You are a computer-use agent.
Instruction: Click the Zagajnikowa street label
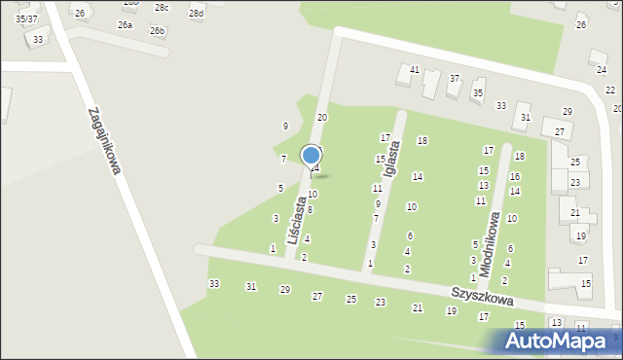(x=103, y=140)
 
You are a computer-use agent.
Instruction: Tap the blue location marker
(x=311, y=156)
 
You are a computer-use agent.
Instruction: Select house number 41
(x=415, y=70)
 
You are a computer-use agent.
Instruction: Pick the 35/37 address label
(x=26, y=18)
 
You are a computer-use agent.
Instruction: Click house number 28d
(x=197, y=13)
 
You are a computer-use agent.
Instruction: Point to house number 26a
(x=125, y=24)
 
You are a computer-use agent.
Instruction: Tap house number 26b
(x=157, y=31)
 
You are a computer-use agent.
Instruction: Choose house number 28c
(x=162, y=8)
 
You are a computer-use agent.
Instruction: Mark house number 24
(x=601, y=69)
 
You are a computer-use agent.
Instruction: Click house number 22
(x=609, y=90)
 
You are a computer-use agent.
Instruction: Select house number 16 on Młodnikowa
(x=515, y=176)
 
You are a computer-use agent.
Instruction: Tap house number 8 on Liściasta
(x=310, y=209)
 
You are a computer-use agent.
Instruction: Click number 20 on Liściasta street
(x=322, y=117)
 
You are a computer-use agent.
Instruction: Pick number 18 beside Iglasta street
(x=422, y=141)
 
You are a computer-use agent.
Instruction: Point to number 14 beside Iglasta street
(x=417, y=176)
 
